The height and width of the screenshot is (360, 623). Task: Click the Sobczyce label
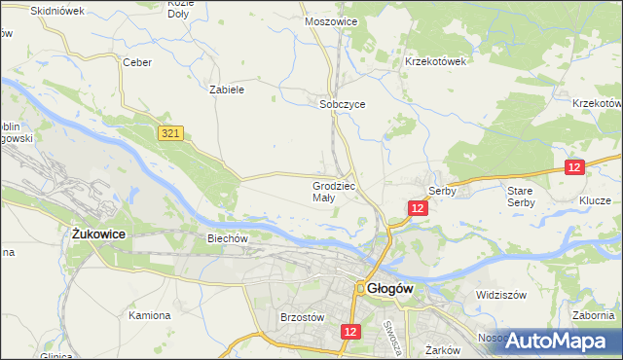click(342, 104)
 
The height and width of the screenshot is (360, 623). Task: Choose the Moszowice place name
click(331, 20)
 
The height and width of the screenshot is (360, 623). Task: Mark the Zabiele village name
click(226, 89)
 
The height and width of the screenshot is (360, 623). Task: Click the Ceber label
click(135, 61)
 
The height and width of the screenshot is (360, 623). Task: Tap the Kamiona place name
click(150, 315)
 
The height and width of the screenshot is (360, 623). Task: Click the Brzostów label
click(301, 317)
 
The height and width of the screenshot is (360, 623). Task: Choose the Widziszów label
click(500, 294)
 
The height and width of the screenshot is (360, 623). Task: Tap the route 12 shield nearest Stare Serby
click(573, 167)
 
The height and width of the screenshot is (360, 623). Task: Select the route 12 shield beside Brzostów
click(351, 332)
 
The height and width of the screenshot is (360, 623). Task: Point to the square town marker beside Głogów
click(359, 288)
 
